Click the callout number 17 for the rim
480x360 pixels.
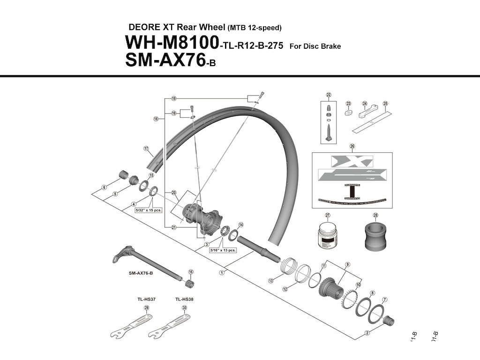[146, 150]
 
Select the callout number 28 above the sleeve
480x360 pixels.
[375, 215]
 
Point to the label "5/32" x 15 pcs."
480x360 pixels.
[148, 210]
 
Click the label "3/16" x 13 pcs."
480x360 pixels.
[223, 250]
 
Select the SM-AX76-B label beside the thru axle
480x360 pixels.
[141, 273]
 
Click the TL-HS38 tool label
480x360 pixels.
[184, 299]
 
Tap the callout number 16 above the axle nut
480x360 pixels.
[191, 272]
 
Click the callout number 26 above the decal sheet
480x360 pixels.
[352, 146]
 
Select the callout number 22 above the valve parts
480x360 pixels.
[329, 95]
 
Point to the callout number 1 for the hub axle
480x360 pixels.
[221, 272]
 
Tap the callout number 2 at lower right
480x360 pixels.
[368, 334]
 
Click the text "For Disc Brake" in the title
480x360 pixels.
[315, 46]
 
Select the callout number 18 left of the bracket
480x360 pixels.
[156, 119]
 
